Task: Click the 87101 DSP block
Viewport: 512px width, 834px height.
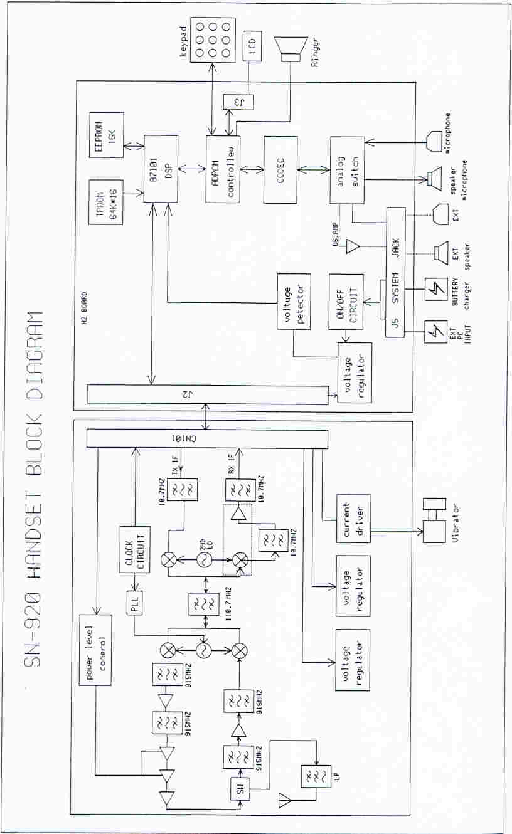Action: click(161, 169)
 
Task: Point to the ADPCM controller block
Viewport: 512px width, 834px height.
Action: click(223, 169)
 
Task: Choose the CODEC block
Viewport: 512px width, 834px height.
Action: click(280, 169)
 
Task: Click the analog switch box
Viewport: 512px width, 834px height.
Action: click(347, 169)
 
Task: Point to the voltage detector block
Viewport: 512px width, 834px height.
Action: click(294, 302)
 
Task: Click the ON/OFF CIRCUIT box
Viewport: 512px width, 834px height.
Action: click(346, 302)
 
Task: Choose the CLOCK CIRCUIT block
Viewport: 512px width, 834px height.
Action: click(135, 549)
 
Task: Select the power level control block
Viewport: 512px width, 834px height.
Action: click(95, 652)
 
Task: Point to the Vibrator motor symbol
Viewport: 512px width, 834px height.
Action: click(434, 520)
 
